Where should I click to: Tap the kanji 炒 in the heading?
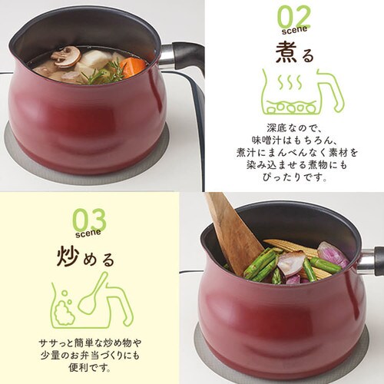point(66,254)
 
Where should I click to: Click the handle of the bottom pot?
point(370,261)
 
